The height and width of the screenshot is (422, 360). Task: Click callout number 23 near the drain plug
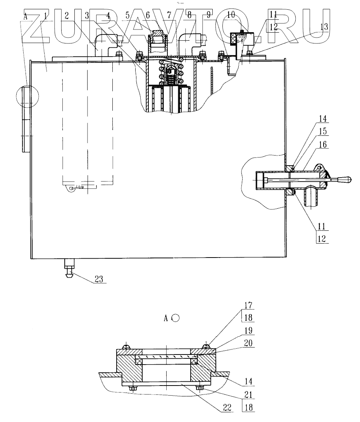pyautogui.click(x=99, y=279)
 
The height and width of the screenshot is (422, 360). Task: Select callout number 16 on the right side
pyautogui.click(x=323, y=145)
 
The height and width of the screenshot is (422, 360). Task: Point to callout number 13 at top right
pyautogui.click(x=324, y=27)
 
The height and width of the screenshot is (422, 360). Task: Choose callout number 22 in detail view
pyautogui.click(x=227, y=407)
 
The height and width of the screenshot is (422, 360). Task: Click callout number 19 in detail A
pyautogui.click(x=248, y=330)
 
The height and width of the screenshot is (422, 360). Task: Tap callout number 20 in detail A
pyautogui.click(x=248, y=343)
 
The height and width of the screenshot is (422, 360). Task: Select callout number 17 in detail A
pyautogui.click(x=248, y=305)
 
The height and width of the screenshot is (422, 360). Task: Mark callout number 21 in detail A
pyautogui.click(x=248, y=394)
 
